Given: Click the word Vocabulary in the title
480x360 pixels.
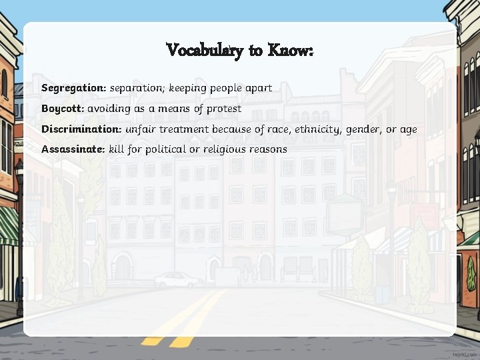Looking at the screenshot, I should coord(204,50).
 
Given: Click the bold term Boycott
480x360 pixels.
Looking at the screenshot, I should coord(63,108).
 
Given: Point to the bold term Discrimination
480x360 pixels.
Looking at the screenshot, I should coord(81,129).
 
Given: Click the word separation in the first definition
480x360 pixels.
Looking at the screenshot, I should coord(137,88).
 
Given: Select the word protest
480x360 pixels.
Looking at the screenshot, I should coord(225,109).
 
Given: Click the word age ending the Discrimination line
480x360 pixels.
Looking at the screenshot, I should coord(409,129).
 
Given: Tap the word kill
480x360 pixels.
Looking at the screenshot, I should coord(117,149).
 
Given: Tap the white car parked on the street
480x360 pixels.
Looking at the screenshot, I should coord(179,279).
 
